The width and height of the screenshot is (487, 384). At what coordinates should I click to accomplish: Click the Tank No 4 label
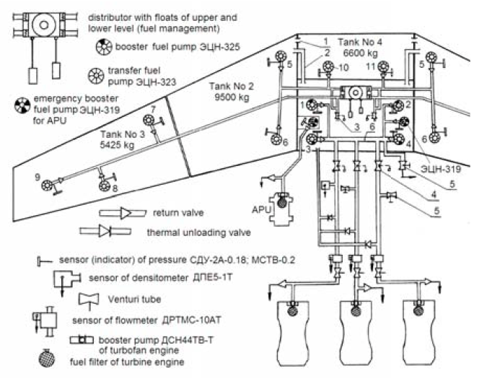(360, 43)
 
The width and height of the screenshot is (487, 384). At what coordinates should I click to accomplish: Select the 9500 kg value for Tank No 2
(232, 97)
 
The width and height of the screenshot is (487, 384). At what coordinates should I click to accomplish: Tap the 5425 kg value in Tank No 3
(117, 145)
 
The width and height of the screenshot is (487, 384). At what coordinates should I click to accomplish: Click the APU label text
(261, 210)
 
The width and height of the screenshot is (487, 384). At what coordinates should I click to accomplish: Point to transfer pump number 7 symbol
(149, 120)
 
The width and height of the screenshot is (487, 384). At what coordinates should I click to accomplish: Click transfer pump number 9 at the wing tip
(47, 186)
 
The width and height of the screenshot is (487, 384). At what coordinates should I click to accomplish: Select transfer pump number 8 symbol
(105, 186)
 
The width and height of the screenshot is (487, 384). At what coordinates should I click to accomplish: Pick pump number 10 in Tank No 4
(328, 67)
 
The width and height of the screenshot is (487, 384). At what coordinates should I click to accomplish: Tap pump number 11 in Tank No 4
(384, 67)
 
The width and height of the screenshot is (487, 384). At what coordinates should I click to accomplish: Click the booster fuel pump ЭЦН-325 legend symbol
(104, 47)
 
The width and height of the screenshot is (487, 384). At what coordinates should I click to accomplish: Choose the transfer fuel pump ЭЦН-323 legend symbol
(96, 76)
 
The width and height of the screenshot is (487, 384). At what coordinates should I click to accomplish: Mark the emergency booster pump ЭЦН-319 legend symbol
(22, 105)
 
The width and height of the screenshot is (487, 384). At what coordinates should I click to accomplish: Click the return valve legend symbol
(123, 213)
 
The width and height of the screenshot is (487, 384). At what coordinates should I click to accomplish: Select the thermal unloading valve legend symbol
(105, 232)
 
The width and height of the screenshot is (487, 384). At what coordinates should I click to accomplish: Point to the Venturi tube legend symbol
(89, 300)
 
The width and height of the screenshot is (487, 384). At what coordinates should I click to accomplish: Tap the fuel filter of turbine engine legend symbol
(47, 359)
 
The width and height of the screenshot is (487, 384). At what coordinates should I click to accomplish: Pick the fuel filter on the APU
(282, 203)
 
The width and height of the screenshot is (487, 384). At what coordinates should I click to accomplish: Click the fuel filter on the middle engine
(356, 310)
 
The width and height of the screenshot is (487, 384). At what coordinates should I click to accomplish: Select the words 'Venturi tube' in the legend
(134, 300)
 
